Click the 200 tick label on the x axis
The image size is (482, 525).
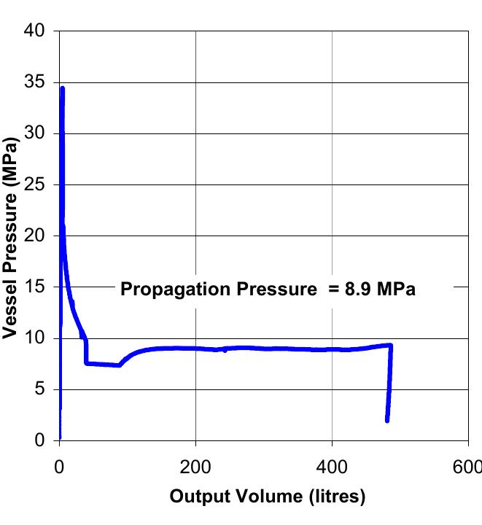click(x=195, y=467)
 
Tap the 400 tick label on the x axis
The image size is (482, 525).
click(x=332, y=467)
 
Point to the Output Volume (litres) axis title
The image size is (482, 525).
click(x=266, y=498)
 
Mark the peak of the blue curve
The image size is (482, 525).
click(x=63, y=89)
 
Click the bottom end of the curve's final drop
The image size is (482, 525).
click(x=387, y=420)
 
